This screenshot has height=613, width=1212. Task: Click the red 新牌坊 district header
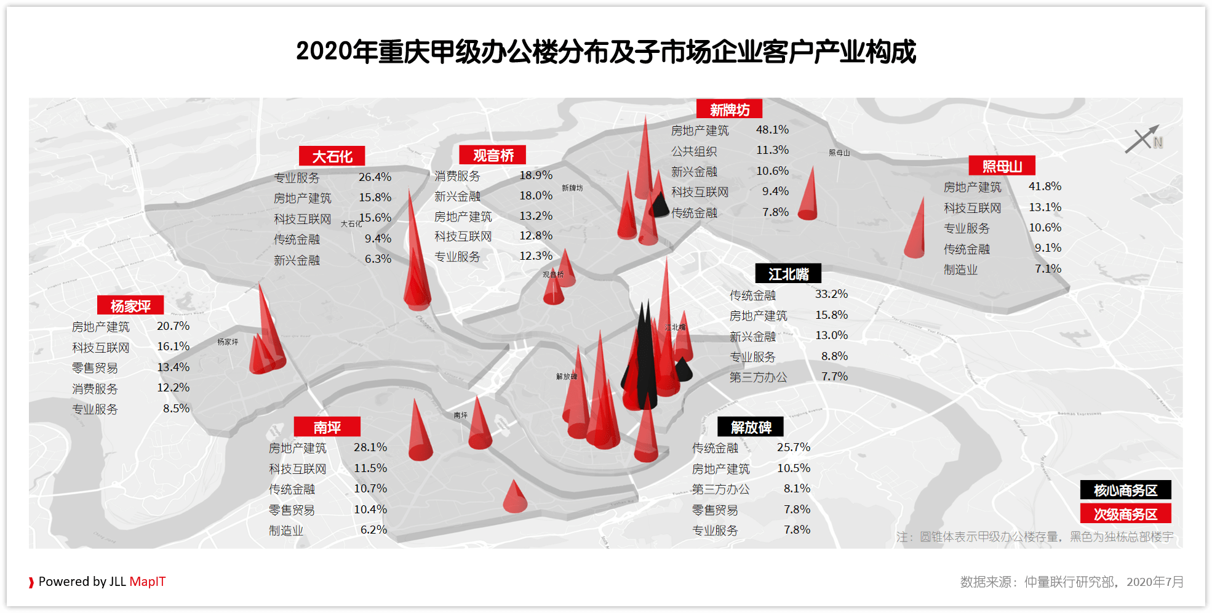coord(729,109)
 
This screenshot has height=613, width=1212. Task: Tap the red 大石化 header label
coord(332,156)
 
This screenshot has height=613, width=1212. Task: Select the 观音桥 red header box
coord(493,155)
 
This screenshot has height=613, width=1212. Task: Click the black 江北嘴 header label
coord(788,274)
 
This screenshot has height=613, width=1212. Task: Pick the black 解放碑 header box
coord(751,427)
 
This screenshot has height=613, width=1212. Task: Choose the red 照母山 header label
coord(1002,166)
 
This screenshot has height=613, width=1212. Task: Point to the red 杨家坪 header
coord(130,305)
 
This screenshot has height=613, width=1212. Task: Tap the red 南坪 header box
coord(327,427)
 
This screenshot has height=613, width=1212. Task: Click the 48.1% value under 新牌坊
coord(772,130)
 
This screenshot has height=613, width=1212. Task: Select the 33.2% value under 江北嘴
coord(831,294)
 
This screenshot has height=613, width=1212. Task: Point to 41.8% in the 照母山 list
coord(1045,186)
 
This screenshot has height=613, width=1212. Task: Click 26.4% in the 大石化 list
coord(375,177)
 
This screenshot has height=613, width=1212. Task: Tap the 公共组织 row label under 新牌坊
coord(694,151)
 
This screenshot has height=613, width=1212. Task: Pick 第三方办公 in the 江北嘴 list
coord(758,377)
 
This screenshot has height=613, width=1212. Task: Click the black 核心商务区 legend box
coord(1125,490)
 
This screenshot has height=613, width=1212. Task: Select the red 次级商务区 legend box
coord(1125,514)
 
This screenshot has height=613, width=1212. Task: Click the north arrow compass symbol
coord(1142,139)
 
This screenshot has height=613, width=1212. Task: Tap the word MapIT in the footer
coord(148,582)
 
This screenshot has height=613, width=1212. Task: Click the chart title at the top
coord(606,52)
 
